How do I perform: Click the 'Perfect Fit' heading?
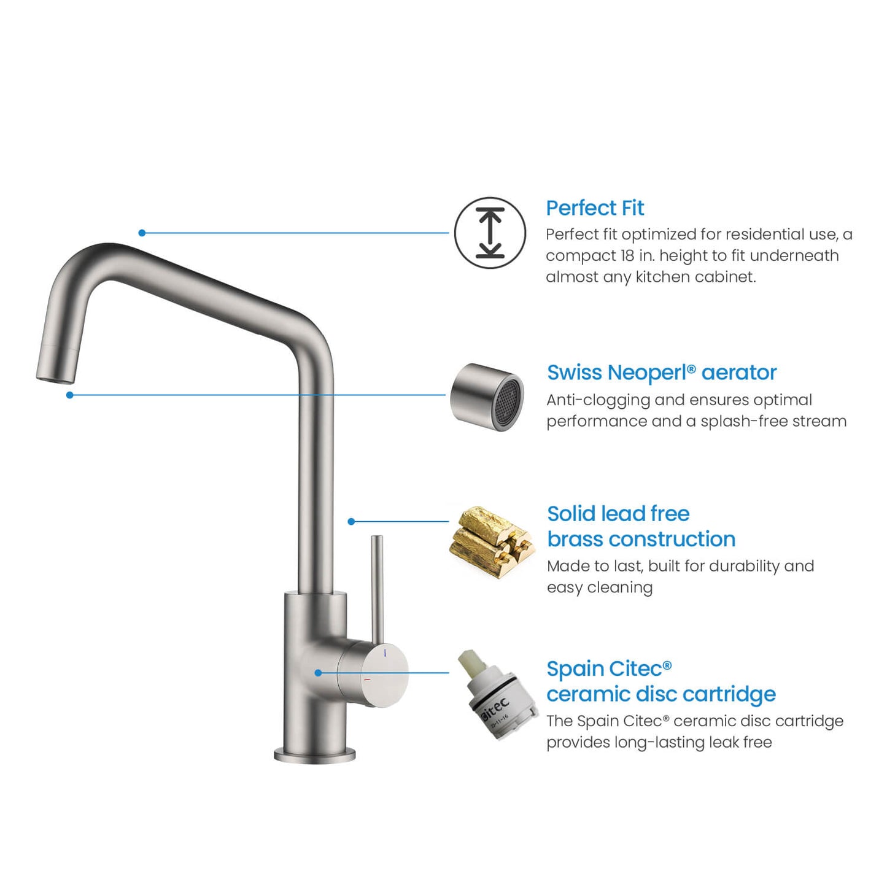pos(594,208)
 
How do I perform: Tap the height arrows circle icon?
pos(490,233)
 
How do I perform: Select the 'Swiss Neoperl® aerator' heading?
pos(661,373)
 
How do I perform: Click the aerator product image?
pos(487,397)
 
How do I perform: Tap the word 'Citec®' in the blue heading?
pos(641,668)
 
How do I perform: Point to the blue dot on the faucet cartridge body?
pos(318,673)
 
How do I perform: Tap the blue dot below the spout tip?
pos(70,395)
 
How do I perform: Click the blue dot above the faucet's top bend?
pos(142,233)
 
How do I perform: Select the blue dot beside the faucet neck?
pos(351,521)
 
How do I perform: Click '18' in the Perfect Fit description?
pos(627,255)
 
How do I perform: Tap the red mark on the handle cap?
pos(367,680)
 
